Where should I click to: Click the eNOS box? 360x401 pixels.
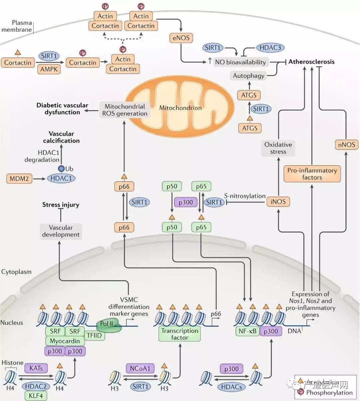(x=181, y=38)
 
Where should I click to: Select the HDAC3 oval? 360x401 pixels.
(x=270, y=48)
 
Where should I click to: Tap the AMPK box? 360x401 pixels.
(x=49, y=69)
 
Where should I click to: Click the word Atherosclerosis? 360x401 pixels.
(x=311, y=62)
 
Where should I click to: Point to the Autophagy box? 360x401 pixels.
(x=248, y=76)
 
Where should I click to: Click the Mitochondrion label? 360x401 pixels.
(x=180, y=108)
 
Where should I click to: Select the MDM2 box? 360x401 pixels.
(x=19, y=179)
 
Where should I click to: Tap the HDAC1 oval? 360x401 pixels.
(x=61, y=179)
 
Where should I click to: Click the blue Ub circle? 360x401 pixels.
(x=61, y=169)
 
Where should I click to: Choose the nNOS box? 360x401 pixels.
(x=346, y=145)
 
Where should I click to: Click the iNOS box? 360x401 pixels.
(x=278, y=201)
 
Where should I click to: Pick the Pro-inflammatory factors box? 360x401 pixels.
(x=312, y=174)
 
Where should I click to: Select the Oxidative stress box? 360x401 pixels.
(x=278, y=148)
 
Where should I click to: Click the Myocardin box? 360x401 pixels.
(x=65, y=341)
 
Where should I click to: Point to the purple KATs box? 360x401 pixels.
(x=36, y=368)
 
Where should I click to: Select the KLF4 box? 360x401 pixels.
(x=36, y=395)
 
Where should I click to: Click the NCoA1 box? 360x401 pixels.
(x=140, y=368)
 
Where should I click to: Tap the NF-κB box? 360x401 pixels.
(x=248, y=331)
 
